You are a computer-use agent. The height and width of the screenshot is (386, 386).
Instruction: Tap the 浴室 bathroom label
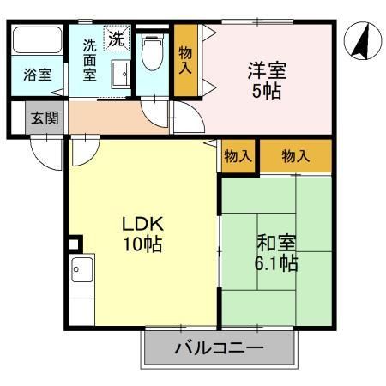click(37, 75)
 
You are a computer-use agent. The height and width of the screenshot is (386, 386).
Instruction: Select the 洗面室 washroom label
click(89, 61)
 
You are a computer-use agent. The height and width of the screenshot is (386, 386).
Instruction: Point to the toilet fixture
click(154, 53)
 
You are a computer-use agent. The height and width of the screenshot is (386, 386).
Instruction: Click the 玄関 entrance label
click(45, 118)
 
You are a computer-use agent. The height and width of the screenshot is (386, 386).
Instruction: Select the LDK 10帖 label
click(142, 232)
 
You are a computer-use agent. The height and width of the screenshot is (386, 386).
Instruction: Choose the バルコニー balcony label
click(220, 349)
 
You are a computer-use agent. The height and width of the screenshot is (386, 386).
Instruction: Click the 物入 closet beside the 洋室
click(184, 59)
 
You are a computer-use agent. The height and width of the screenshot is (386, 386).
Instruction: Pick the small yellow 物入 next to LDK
click(238, 156)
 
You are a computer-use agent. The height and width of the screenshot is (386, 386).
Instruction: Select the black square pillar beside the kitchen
click(73, 244)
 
